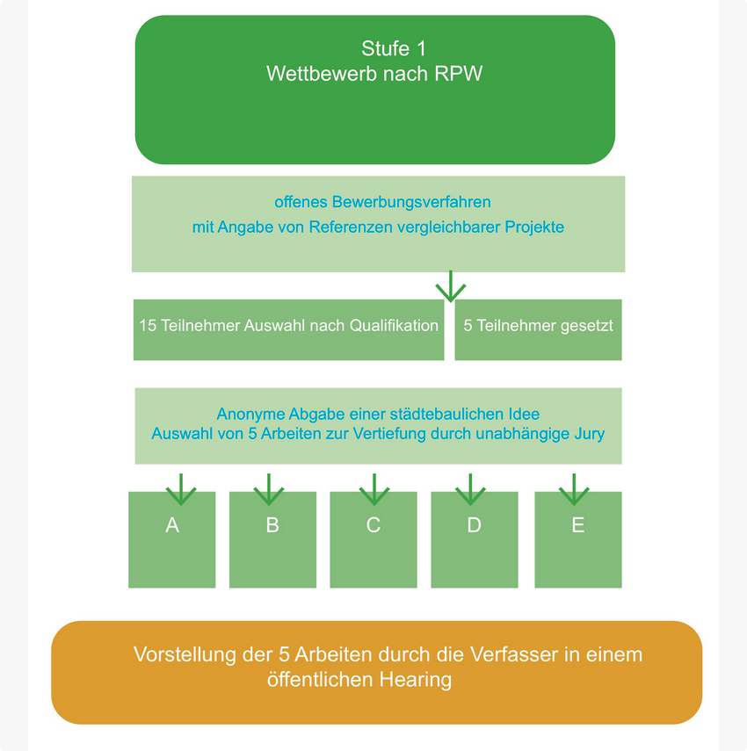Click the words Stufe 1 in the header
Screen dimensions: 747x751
point(394,48)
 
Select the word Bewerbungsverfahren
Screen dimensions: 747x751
point(411,202)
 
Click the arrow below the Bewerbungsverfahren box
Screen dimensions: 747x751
point(451,286)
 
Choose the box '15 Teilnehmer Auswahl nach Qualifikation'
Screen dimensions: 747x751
point(288,329)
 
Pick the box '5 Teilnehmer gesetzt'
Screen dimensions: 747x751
point(538,329)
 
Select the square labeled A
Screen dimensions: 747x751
point(172,540)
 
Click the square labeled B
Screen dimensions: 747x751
point(272,540)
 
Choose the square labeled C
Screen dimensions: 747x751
point(373,540)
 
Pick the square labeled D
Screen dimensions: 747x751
point(475,540)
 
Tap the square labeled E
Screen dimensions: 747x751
point(578,540)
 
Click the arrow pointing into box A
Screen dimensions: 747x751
point(181,489)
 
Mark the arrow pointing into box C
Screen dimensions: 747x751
point(374,489)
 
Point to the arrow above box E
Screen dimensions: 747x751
point(574,489)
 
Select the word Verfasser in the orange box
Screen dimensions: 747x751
point(514,654)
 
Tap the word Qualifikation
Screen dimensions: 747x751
point(394,325)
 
